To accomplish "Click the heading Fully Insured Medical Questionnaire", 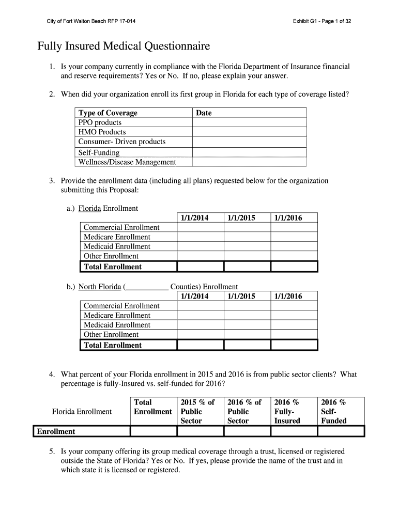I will tap(124, 47).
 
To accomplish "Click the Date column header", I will tap(204, 113).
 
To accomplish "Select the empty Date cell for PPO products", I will tap(249, 122).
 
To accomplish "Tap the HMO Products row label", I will tap(102, 132).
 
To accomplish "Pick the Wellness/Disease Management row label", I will tap(127, 162).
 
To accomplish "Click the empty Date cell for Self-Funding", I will tap(249, 152).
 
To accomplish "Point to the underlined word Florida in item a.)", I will tap(89, 208).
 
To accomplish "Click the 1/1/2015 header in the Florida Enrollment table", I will tap(241, 218).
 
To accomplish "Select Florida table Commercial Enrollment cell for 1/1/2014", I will tap(200, 227).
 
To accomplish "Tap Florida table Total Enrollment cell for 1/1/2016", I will tap(294, 267).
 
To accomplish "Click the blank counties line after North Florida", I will tap(147, 287).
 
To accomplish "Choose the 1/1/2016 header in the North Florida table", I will tap(288, 297).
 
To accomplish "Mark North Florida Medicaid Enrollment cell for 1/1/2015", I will tap(247, 325).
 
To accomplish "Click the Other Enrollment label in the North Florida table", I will tap(111, 334).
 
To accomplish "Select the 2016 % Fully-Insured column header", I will tap(287, 411).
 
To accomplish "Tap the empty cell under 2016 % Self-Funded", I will tap(341, 431).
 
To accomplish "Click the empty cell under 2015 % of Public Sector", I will tap(200, 431).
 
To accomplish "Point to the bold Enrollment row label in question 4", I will tap(55, 431).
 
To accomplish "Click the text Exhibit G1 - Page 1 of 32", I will tap(322, 21).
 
